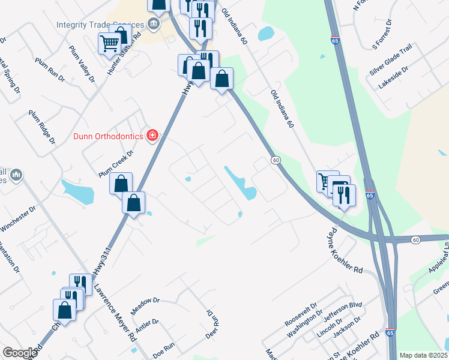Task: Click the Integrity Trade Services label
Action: click(x=100, y=25)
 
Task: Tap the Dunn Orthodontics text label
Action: click(x=108, y=136)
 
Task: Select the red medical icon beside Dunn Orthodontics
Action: click(x=152, y=136)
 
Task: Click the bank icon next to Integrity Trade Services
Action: click(x=153, y=25)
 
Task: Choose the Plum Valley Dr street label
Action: click(x=83, y=64)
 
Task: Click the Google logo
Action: click(x=19, y=353)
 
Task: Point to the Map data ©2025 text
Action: click(x=423, y=355)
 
